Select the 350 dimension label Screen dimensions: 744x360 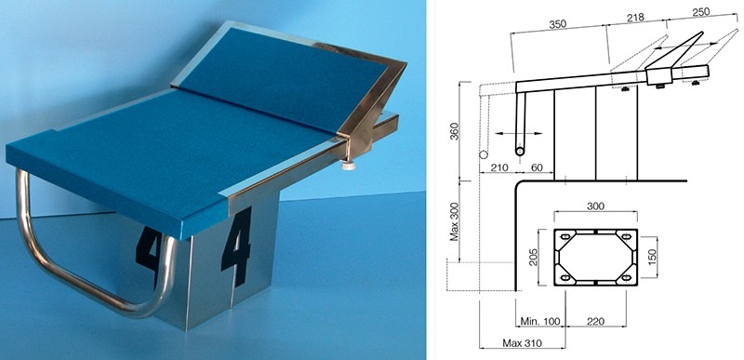click(x=558, y=25)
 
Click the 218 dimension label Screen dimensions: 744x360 click(x=635, y=18)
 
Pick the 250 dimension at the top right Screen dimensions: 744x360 click(x=701, y=12)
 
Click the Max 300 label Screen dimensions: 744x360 click(x=455, y=220)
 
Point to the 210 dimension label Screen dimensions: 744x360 click(x=500, y=167)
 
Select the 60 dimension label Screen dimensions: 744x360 click(x=538, y=167)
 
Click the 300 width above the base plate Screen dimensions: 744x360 click(x=595, y=206)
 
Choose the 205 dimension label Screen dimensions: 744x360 click(x=533, y=257)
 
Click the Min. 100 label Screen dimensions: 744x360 click(x=540, y=321)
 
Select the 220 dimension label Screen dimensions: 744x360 click(x=595, y=322)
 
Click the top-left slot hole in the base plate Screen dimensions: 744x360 click(x=565, y=237)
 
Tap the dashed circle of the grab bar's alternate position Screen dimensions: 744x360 click(x=484, y=154)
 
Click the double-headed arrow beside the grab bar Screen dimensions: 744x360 click(x=519, y=134)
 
